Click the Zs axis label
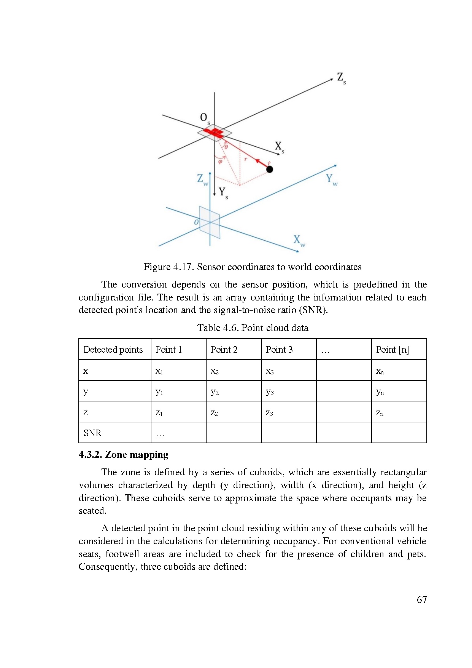(341, 78)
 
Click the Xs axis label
(280, 147)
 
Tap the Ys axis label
(223, 193)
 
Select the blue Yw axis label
(331, 179)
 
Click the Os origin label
(205, 118)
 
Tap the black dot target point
(270, 169)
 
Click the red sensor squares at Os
(214, 133)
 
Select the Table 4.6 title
(253, 328)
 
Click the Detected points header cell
(113, 350)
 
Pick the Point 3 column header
(279, 350)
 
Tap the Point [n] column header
(392, 350)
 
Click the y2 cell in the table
(215, 392)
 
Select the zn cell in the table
(380, 412)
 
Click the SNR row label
(92, 433)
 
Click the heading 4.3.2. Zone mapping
(124, 455)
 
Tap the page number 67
(421, 600)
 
